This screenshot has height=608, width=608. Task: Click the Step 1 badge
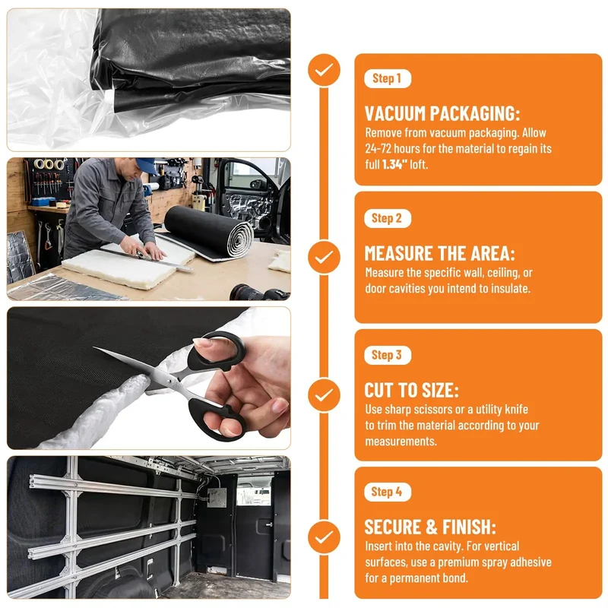click(x=388, y=79)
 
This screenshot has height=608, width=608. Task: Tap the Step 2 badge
click(x=388, y=218)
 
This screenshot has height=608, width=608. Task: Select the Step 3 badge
click(x=388, y=355)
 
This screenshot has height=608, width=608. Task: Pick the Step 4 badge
click(x=388, y=492)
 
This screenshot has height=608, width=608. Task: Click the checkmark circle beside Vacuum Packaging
click(x=324, y=70)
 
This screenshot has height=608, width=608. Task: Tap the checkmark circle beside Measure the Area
click(x=324, y=257)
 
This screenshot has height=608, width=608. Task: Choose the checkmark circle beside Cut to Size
click(x=324, y=395)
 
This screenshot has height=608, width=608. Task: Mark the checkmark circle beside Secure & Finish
click(x=324, y=537)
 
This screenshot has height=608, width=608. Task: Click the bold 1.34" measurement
click(x=394, y=164)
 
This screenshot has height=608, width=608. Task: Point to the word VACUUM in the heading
click(x=395, y=113)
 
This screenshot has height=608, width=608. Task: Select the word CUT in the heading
click(x=378, y=391)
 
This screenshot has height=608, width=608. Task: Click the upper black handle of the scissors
click(x=217, y=350)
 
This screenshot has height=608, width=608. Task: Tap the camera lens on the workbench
click(x=249, y=292)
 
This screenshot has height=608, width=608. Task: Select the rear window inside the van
click(x=253, y=491)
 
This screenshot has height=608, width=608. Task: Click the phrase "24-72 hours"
click(x=392, y=148)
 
